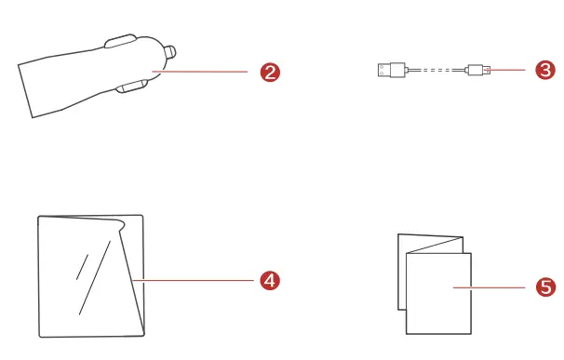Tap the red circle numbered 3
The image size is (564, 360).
(545, 69)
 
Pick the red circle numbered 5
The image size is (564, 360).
(546, 289)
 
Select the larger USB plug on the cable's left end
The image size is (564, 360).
(392, 69)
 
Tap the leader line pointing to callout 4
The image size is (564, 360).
(195, 278)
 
